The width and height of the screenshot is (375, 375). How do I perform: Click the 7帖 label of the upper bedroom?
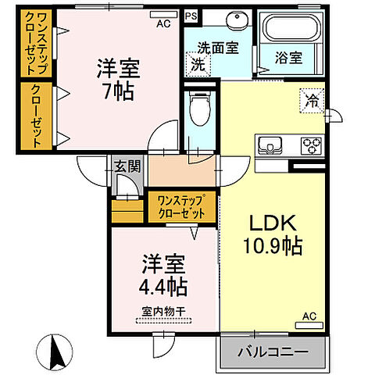point(118,91)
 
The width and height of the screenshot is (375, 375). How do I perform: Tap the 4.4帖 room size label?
point(162,286)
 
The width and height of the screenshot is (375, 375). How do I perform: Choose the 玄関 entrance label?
point(127,166)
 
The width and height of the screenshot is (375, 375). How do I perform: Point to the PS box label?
point(191,16)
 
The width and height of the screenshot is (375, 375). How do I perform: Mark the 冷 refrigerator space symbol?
point(311,100)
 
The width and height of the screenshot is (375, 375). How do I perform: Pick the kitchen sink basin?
point(271,145)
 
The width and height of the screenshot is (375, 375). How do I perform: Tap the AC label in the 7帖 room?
point(162,24)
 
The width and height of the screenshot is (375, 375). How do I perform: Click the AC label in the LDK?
point(309,316)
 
